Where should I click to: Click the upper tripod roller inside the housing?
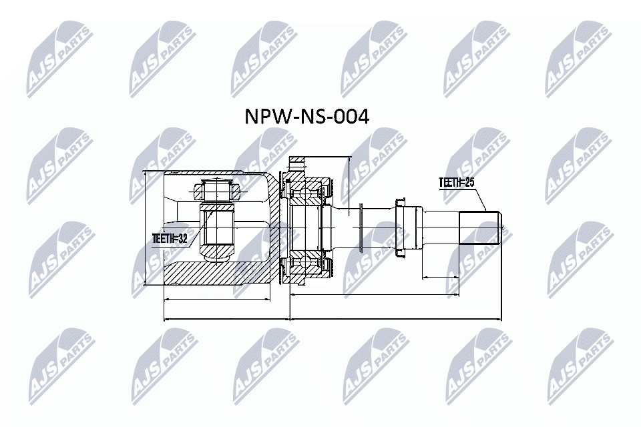pos(217,192)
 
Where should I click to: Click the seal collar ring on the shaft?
pos(402,227)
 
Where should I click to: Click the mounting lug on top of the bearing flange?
pos(297,163)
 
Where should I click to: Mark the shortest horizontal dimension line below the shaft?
pos(441,276)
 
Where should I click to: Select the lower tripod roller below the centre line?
pos(217,253)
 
